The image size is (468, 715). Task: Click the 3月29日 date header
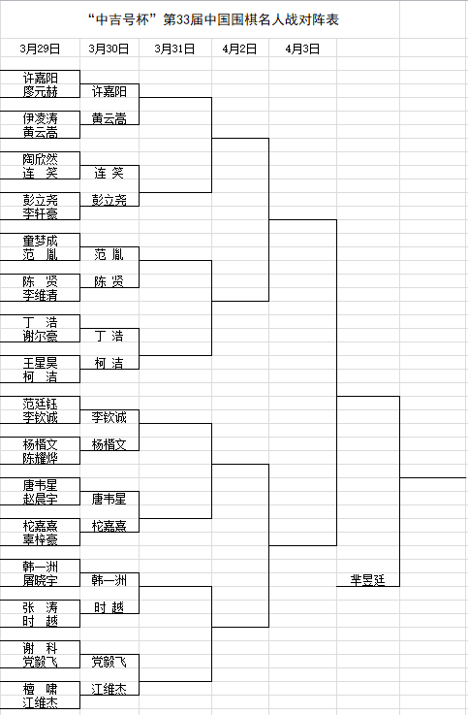40,49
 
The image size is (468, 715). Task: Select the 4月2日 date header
240,49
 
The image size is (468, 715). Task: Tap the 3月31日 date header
174,49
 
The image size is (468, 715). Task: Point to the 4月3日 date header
302,49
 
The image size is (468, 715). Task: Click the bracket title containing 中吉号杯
213,19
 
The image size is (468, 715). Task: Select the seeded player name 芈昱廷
368,580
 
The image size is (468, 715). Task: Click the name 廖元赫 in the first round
40,91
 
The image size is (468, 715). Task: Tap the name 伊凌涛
40,118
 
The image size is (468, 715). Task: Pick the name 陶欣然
40,159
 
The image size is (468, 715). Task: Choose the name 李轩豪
40,213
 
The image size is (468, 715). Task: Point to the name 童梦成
40,241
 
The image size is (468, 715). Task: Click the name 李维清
40,295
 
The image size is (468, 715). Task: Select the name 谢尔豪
40,336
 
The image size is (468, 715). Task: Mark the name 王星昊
40,363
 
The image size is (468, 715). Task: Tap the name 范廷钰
40,404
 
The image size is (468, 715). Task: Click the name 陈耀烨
40,458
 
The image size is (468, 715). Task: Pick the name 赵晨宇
40,499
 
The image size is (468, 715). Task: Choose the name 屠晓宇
40,580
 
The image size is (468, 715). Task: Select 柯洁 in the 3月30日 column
109,363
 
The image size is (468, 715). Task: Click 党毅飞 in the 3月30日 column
109,662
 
